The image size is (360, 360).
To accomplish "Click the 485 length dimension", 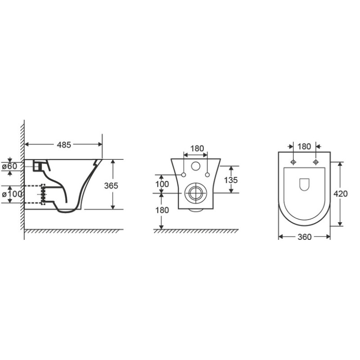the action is [64, 145].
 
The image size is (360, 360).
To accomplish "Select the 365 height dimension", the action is [111, 185].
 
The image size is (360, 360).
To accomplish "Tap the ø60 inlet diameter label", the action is [9, 166].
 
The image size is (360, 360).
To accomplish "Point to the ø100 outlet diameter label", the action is [12, 194].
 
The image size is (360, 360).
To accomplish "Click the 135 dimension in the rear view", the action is [231, 180].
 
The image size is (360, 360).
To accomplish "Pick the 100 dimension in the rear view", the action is [162, 184].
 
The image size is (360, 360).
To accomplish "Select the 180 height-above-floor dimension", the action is [162, 210].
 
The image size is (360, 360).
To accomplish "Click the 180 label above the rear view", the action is [197, 148].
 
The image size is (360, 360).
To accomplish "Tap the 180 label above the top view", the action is [304, 147].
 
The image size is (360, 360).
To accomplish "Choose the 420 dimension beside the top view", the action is [341, 194].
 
